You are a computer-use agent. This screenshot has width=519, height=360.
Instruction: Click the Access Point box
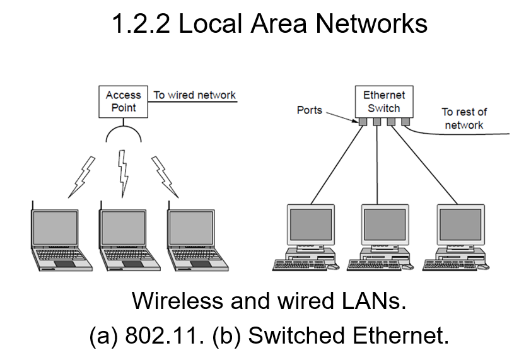[124, 101]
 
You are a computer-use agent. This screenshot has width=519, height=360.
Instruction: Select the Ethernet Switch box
[384, 102]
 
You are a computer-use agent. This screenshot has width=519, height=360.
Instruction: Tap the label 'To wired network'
[194, 95]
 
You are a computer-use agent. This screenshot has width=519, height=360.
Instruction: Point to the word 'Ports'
[309, 110]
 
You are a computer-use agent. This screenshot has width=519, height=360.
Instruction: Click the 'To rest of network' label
[464, 119]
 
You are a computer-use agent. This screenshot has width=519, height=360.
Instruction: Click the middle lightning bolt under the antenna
[124, 170]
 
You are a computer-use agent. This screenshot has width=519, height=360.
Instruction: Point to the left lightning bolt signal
[85, 175]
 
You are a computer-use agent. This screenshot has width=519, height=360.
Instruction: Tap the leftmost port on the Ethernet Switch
[364, 122]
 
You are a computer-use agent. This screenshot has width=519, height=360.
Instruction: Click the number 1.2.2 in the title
[137, 25]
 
